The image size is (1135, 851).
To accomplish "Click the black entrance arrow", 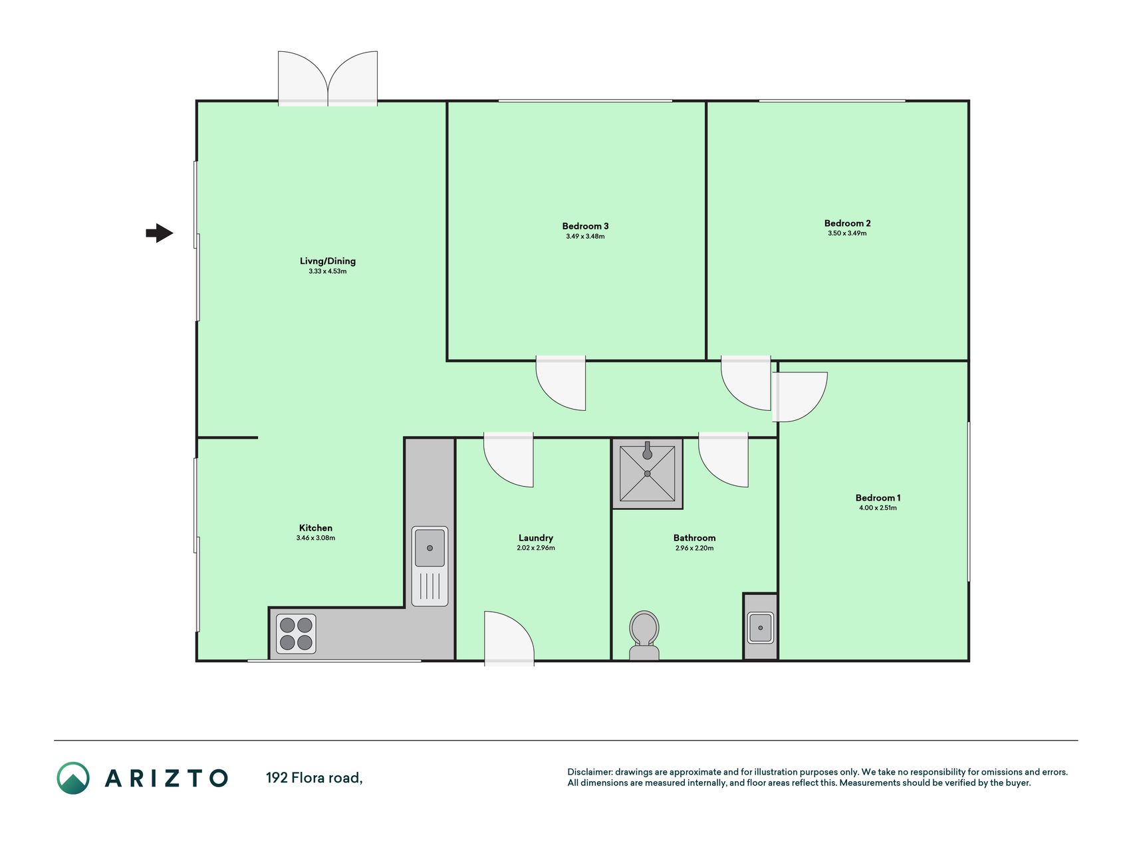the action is pos(160,233).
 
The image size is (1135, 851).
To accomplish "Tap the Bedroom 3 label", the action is pos(585,226).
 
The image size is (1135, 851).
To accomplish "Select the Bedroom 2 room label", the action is pos(847,223).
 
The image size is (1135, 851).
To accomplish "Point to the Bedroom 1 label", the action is pos(878,498).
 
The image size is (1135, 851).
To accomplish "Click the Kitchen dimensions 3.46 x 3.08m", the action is pos(316,538).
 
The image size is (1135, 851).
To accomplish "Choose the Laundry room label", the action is pos(536,538).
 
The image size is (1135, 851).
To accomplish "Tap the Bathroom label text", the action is pos(694,538).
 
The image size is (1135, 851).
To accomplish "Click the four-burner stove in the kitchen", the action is pos(296,634).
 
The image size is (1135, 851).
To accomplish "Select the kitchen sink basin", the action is pos(430,547).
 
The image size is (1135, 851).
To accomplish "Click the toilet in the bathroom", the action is pos(644,636).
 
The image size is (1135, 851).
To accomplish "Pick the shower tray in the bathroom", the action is pos(647,473).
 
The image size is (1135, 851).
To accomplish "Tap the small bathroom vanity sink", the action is pos(761,628).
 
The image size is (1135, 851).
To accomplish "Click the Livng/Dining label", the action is pos(328,261).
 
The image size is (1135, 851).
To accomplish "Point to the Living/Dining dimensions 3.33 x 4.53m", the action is pos(328,271).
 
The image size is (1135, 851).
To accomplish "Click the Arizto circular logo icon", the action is pos(73,778).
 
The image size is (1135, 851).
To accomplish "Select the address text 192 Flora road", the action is pos(315,777).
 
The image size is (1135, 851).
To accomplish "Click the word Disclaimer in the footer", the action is pos(590,772).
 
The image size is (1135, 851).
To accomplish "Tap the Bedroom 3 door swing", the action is pos(561,384).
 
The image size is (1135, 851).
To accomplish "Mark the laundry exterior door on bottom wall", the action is pos(509,638).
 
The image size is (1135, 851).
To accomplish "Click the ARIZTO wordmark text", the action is pos(167,778).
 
